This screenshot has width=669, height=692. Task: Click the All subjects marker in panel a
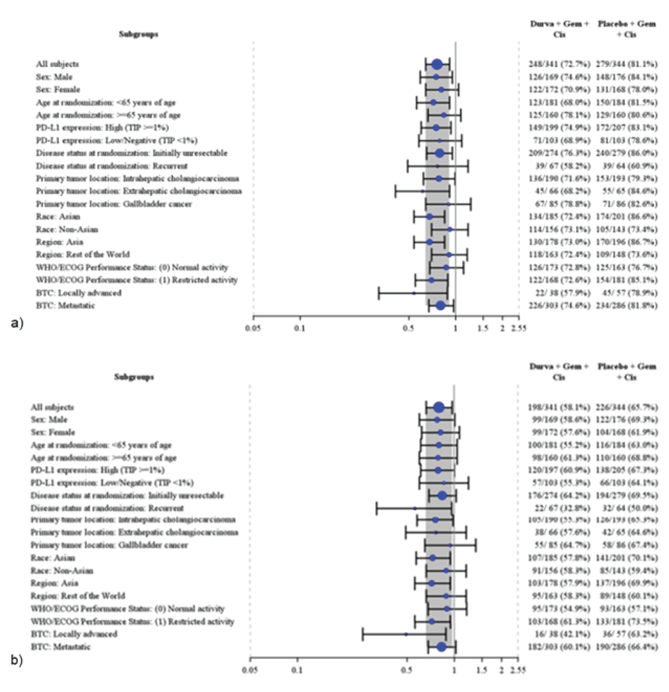436,64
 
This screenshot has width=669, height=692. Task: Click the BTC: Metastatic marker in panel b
441,647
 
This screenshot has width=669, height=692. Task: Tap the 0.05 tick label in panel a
253,328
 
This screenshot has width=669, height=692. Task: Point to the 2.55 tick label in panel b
518,670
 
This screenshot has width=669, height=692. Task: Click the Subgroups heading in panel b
134,377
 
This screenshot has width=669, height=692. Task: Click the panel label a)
17,323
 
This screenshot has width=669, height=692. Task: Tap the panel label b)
17,660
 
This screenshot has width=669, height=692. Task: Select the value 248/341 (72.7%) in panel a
559,64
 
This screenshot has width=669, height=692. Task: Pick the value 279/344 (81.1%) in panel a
626,64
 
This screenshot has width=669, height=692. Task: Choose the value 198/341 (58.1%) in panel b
559,407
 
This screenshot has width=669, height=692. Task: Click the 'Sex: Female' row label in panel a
58,90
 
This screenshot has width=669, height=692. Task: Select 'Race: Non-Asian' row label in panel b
62,570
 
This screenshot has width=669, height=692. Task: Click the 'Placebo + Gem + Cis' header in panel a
627,29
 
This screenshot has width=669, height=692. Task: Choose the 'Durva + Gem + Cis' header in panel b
559,372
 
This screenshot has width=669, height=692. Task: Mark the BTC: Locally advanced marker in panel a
414,293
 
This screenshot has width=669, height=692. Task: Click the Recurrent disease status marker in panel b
415,508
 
